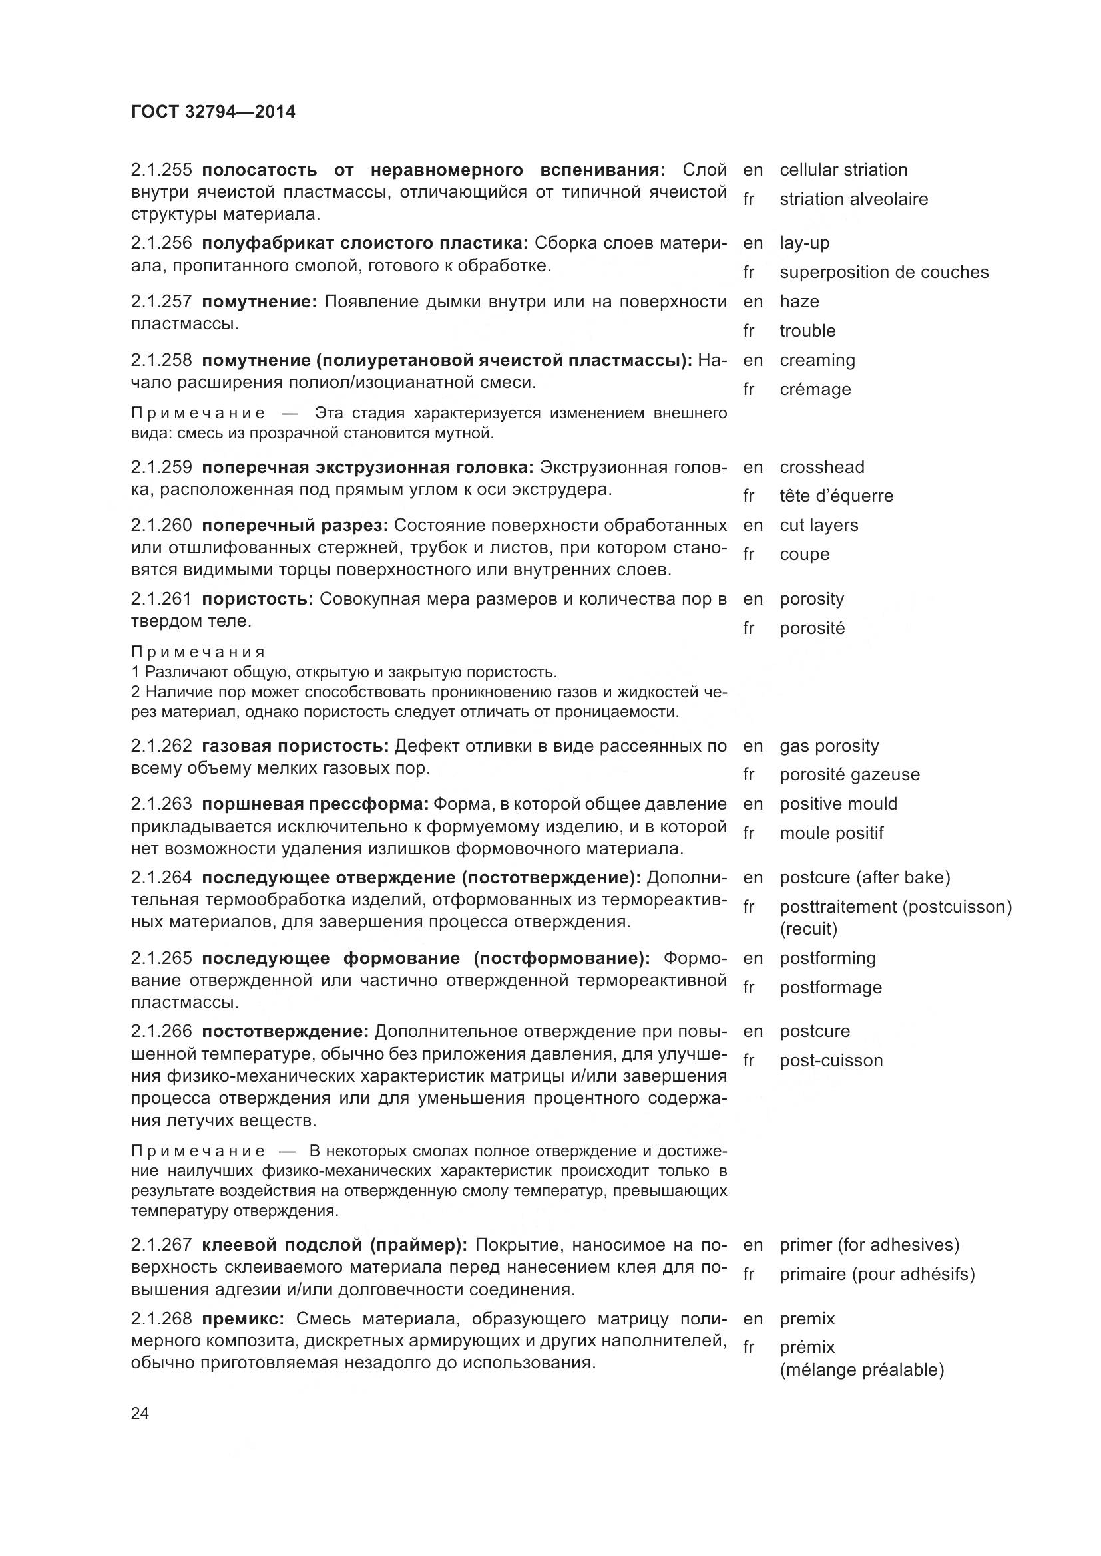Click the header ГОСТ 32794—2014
(x=213, y=112)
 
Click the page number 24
(x=140, y=1413)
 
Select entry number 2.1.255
(x=162, y=170)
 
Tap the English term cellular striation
(x=843, y=170)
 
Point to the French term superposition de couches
(x=883, y=273)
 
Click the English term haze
(x=799, y=301)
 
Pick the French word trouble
(x=807, y=331)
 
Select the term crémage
(x=815, y=390)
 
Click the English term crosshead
(x=821, y=467)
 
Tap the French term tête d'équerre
(x=836, y=496)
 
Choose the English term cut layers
(x=818, y=526)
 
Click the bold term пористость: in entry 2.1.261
(x=257, y=599)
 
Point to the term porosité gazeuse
(x=849, y=774)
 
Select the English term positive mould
(x=838, y=804)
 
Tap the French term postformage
(x=831, y=987)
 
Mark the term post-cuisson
(x=831, y=1060)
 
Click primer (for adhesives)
(x=869, y=1245)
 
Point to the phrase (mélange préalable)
(x=861, y=1370)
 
